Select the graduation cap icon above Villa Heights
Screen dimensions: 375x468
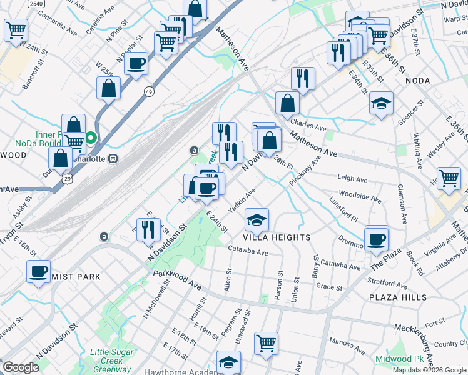257,220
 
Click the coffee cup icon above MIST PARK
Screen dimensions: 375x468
39,272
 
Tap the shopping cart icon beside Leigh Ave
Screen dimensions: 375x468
449,179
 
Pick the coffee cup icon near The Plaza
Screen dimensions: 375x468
376,239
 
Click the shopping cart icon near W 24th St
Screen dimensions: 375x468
16,30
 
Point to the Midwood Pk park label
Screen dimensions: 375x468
400,359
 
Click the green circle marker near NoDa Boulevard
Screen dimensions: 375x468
91,137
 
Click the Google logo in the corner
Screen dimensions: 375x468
21,367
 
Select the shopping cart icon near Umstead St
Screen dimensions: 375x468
266,343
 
